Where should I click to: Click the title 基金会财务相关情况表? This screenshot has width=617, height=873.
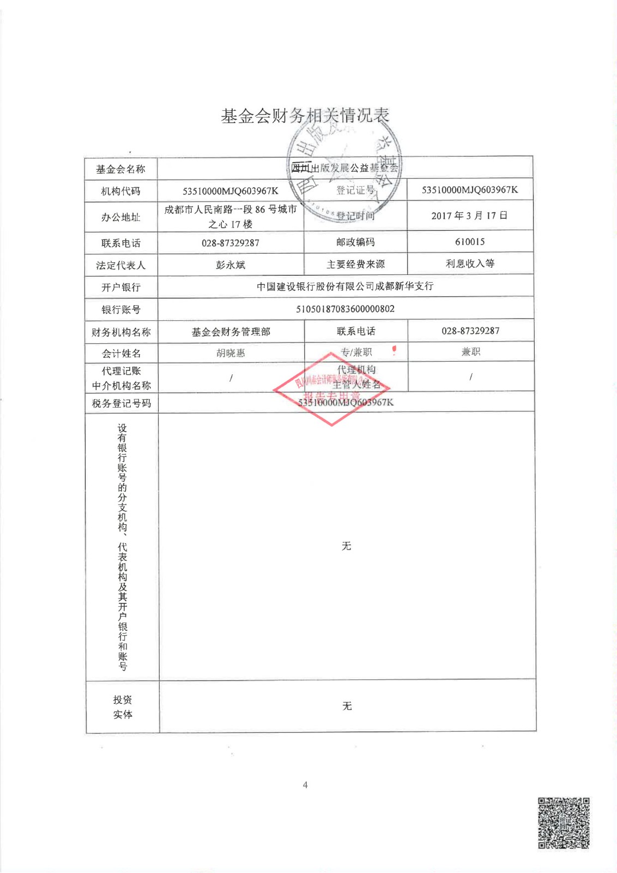(x=305, y=116)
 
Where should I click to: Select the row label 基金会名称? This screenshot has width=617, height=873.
(x=120, y=169)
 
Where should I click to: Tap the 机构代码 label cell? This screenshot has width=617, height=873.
(x=120, y=191)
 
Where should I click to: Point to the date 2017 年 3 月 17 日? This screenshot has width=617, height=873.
(x=469, y=216)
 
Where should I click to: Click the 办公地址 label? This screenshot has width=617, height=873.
(x=120, y=217)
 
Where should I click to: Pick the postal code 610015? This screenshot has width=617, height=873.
(x=469, y=242)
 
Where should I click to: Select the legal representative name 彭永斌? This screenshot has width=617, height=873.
(x=231, y=265)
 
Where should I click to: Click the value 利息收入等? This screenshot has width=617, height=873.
(x=470, y=264)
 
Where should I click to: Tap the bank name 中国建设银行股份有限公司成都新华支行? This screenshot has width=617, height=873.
(x=345, y=286)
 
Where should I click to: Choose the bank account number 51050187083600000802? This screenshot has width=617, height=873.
(x=345, y=309)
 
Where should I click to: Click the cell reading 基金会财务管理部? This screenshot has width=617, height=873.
(x=231, y=332)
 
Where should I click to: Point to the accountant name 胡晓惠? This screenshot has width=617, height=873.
(x=231, y=353)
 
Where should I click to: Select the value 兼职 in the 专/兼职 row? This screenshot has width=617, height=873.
(x=470, y=352)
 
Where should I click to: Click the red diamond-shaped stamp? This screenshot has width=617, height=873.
(x=331, y=389)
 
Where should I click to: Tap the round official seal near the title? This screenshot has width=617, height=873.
(x=344, y=169)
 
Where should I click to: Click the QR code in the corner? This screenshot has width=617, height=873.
(x=564, y=823)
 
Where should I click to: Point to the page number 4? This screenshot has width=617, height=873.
(x=305, y=785)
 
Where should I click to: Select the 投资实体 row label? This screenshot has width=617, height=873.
(x=123, y=707)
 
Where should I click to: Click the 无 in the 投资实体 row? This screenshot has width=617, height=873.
(x=347, y=706)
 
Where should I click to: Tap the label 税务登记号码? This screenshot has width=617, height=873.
(x=121, y=403)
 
